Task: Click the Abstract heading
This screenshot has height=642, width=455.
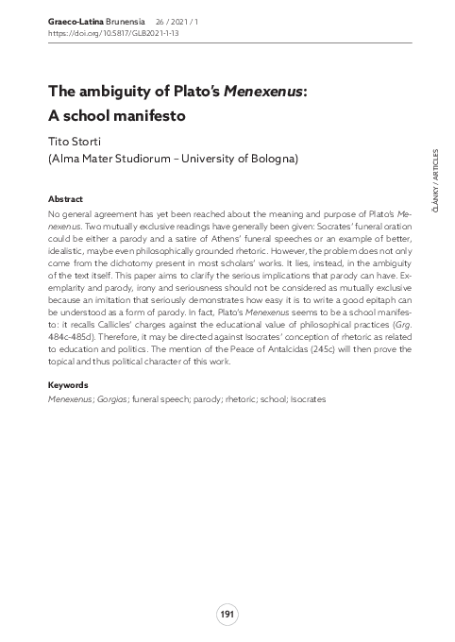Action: tap(65, 200)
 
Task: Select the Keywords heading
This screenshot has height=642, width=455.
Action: tap(68, 385)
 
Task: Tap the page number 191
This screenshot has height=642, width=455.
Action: tap(227, 615)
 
